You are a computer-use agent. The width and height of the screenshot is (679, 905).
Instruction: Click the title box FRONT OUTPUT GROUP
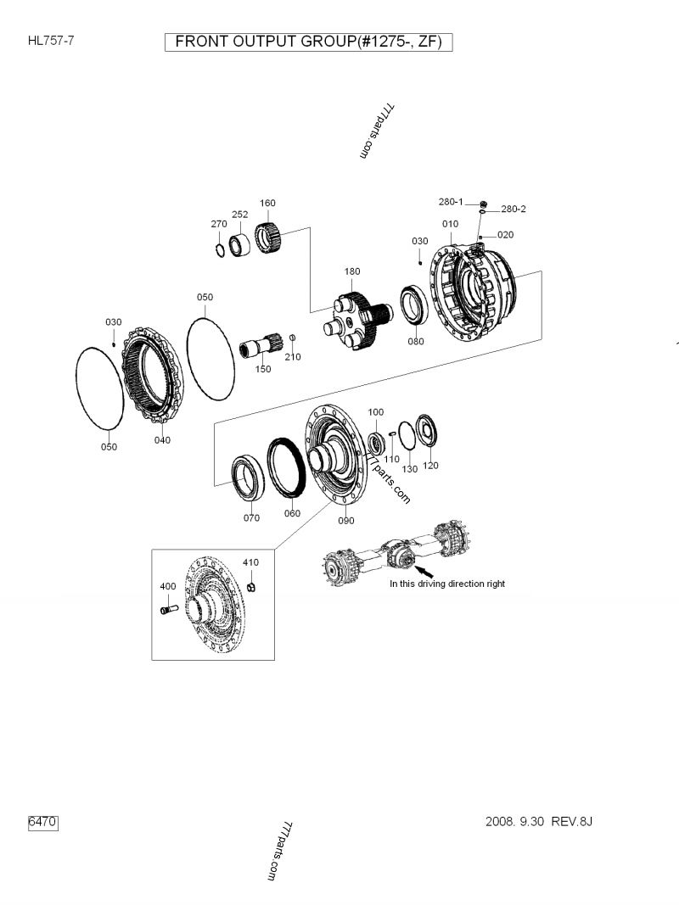pos(308,42)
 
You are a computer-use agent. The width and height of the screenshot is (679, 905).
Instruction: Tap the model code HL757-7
pos(51,41)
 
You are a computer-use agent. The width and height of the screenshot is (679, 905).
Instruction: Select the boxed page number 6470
pos(43,822)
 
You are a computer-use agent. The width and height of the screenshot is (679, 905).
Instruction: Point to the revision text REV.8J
pos(571,821)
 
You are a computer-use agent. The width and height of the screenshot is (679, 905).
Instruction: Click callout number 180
pos(352,271)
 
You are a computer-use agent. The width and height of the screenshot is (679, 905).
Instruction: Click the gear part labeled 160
pos(268,237)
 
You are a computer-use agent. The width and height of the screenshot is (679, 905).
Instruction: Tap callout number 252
pos(240,214)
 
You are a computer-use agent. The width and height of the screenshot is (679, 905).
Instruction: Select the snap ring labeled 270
pos(220,250)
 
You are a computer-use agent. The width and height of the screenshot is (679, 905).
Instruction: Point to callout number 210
pos(293,357)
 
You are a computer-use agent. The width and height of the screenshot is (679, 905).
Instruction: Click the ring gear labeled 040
pos(153,374)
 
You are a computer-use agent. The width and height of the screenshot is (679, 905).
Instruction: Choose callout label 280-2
pos(513,209)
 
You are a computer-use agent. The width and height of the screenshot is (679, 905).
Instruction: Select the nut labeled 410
pos(251,587)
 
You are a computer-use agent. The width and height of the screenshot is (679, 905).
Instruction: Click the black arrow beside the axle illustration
pos(424,572)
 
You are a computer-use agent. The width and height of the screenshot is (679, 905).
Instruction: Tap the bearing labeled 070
pos(249,478)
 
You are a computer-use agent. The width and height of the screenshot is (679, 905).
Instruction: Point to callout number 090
pos(345,521)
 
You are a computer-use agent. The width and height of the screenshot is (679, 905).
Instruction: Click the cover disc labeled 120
pos(427,430)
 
